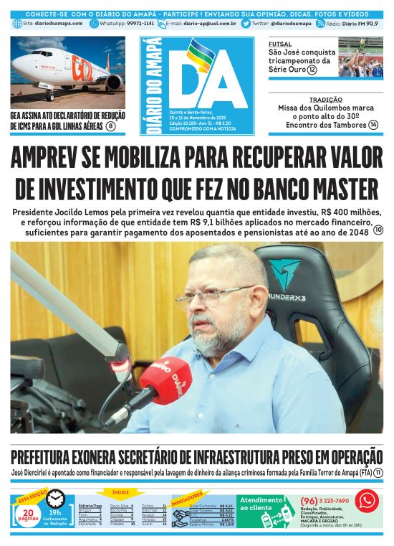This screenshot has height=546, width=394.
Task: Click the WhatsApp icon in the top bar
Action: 95,24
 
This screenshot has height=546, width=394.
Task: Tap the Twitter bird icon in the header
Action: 246,24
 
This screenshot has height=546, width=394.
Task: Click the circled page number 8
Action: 110,126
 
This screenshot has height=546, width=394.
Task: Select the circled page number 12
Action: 312,70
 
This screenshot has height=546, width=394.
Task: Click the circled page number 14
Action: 373,125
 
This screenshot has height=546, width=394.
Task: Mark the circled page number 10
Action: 378,230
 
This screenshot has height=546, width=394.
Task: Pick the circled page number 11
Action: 378,474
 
